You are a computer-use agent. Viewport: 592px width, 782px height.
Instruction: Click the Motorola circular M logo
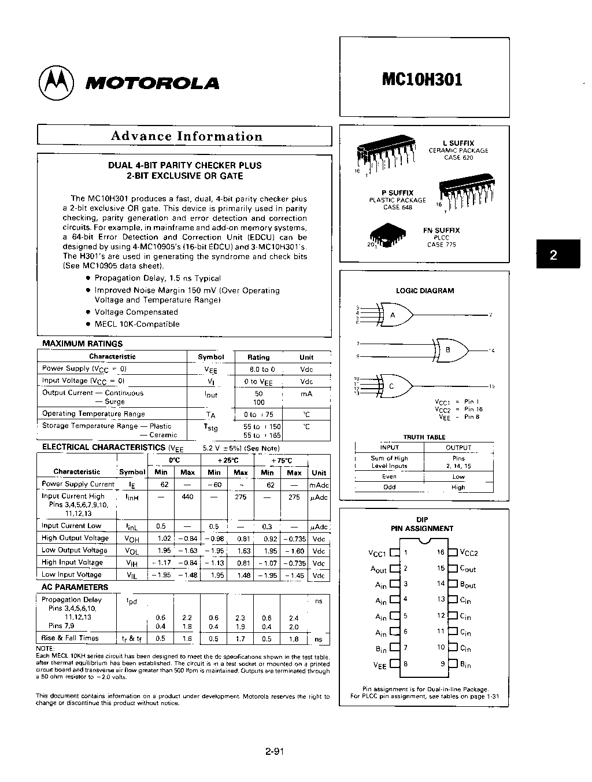[56, 82]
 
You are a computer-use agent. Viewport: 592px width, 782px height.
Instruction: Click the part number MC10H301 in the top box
[422, 79]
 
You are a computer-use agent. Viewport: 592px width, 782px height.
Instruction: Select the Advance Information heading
[186, 137]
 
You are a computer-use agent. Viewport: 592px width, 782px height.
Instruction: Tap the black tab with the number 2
[554, 254]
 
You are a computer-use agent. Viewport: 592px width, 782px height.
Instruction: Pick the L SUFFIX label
[458, 143]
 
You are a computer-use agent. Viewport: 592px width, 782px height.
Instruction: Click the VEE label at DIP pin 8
[379, 666]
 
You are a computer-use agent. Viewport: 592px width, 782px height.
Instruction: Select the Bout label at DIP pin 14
[468, 585]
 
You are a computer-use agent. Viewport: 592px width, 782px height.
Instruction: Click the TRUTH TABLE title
[424, 437]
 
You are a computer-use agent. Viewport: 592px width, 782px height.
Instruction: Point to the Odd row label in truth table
[390, 487]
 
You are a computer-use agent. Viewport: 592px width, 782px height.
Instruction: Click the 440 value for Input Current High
[187, 497]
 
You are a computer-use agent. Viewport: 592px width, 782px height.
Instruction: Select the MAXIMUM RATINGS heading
[82, 344]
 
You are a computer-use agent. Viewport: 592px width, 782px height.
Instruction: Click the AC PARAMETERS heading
[75, 587]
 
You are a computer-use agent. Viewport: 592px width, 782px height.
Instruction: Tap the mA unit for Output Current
[306, 394]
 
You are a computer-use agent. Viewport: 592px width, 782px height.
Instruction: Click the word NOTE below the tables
[45, 648]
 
